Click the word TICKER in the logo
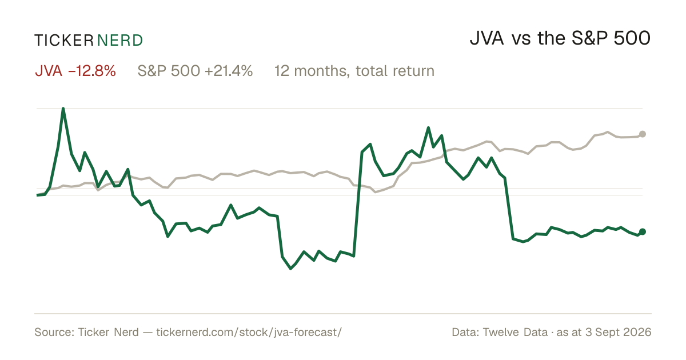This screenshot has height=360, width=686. click(64, 41)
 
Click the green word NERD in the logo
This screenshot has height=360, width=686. click(120, 41)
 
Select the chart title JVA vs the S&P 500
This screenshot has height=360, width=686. click(560, 39)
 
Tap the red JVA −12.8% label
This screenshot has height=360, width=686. click(75, 71)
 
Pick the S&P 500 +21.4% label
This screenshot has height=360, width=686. click(195, 71)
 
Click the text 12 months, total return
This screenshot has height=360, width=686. click(354, 71)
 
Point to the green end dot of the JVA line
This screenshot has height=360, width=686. click(643, 232)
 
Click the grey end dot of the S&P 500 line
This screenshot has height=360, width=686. click(643, 134)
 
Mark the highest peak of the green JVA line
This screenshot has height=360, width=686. click(63, 109)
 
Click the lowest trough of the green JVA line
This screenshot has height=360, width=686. click(290, 269)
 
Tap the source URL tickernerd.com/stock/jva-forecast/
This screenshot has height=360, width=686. click(249, 333)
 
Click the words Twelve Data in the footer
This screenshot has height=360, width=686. click(515, 333)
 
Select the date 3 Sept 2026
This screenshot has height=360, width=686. click(619, 333)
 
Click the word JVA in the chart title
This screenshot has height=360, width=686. click(487, 39)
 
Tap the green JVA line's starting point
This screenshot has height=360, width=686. click(37, 195)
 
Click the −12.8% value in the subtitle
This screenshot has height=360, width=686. click(92, 71)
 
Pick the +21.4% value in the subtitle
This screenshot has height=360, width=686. click(229, 71)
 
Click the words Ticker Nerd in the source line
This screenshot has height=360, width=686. click(109, 333)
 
